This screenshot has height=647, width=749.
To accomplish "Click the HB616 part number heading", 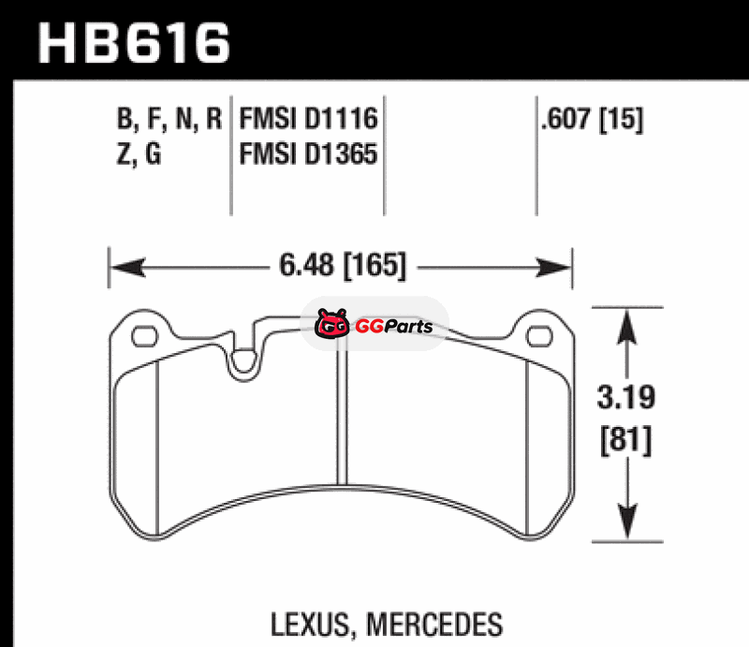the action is tap(134, 43).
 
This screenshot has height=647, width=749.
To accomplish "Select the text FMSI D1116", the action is tap(308, 119).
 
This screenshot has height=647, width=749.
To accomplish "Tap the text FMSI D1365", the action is tap(308, 154).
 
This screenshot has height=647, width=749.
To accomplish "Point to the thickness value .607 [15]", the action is tap(593, 119).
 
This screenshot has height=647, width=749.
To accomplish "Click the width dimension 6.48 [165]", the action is tap(343, 265).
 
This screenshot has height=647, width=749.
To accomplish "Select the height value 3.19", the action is tap(626, 397).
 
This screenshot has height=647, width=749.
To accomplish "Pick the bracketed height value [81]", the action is tap(625, 441).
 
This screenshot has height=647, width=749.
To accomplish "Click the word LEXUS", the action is tap(311, 625).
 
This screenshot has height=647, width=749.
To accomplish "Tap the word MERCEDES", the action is tap(434, 625).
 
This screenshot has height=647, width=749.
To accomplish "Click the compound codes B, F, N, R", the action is tap(169, 119).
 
